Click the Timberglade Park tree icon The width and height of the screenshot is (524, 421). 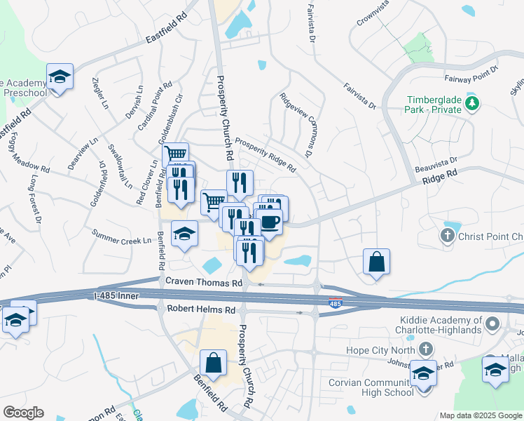tap(473, 105)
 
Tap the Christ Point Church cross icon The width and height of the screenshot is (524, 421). tap(449, 236)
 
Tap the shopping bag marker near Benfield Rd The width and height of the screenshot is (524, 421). tap(213, 363)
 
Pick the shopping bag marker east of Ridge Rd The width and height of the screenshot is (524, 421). tap(376, 262)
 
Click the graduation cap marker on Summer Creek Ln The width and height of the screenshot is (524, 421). tap(184, 234)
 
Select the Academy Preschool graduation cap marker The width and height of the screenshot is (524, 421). tap(60, 76)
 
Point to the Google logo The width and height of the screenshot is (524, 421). tap(23, 413)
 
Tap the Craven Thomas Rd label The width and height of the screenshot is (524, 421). tap(203, 281)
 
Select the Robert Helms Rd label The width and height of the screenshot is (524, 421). tap(200, 309)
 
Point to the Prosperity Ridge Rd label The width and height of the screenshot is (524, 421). tap(266, 154)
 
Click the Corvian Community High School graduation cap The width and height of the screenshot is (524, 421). tap(422, 373)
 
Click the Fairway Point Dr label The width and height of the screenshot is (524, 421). tap(471, 74)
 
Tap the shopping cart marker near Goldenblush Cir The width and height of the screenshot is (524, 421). tap(176, 154)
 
